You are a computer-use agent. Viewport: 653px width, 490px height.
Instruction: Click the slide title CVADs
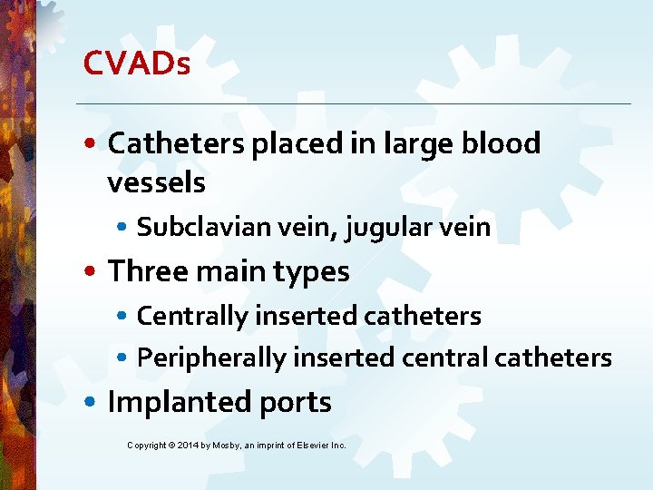coord(136,63)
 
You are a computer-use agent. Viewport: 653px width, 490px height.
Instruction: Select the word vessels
coord(156,182)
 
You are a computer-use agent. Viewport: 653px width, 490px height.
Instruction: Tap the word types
coord(314,271)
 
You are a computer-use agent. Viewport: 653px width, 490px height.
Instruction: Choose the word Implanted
coord(165,402)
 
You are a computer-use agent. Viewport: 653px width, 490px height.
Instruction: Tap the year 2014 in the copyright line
coord(190,446)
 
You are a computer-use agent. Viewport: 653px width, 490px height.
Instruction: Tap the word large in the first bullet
coord(413,143)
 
